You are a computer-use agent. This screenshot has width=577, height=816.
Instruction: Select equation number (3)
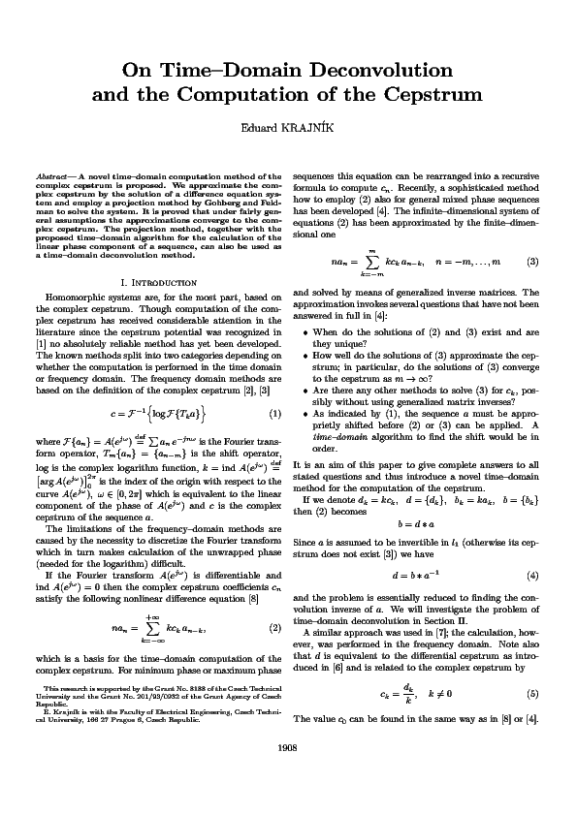click(532, 262)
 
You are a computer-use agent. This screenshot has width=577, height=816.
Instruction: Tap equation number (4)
click(532, 575)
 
